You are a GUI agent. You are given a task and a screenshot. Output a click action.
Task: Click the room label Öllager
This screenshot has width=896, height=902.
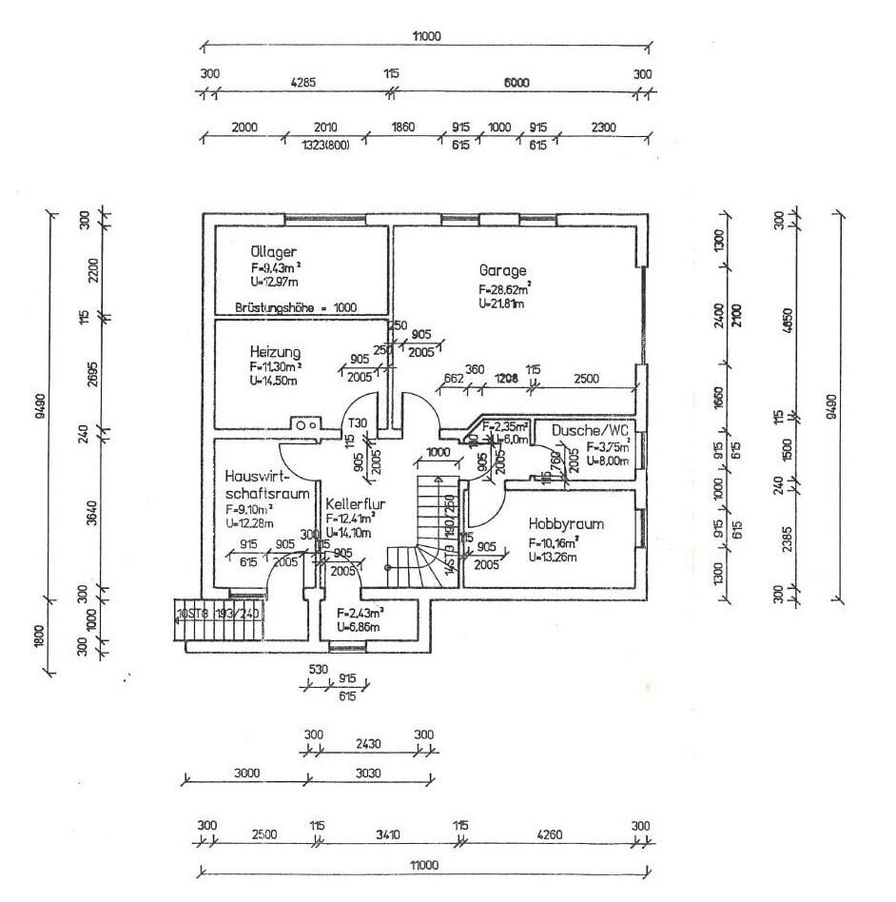265,252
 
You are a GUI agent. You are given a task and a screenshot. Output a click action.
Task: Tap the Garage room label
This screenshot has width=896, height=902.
503,269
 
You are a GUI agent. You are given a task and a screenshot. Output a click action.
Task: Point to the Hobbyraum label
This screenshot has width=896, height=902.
566,524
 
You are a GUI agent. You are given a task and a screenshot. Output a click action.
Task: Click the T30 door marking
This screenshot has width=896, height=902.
358,423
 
